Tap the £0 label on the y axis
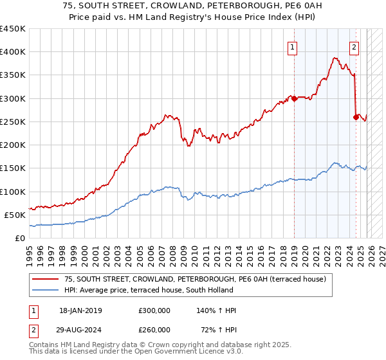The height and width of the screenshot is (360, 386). click(20, 238)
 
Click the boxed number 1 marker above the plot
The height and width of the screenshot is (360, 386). click(293, 46)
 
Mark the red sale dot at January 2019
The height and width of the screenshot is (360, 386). click(294, 98)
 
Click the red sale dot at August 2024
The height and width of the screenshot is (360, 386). click(356, 117)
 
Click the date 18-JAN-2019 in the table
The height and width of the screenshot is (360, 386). click(80, 310)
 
